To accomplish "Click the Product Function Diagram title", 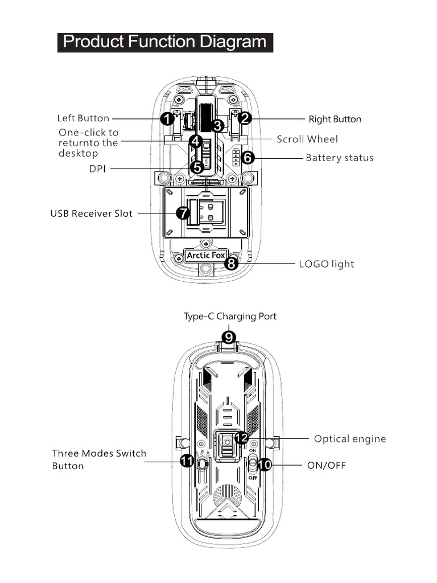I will point(165,42).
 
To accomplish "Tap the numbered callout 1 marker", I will point(167,119).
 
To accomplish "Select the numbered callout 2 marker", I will point(245,118).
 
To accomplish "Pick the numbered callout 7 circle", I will point(183,214).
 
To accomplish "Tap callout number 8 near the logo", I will point(231,264).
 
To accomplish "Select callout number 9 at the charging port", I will point(229,337).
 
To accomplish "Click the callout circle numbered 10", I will point(264,465).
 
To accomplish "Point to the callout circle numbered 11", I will point(187,462).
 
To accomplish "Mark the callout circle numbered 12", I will point(241,438).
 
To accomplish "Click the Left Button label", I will point(83,118).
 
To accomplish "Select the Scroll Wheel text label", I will point(307,139).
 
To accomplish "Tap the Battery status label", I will point(340,158).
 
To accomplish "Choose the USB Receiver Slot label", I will point(91,214).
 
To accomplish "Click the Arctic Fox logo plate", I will point(205,256).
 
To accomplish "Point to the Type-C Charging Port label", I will point(230,316).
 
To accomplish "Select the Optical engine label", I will point(350,439).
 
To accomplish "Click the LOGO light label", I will point(327,264).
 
